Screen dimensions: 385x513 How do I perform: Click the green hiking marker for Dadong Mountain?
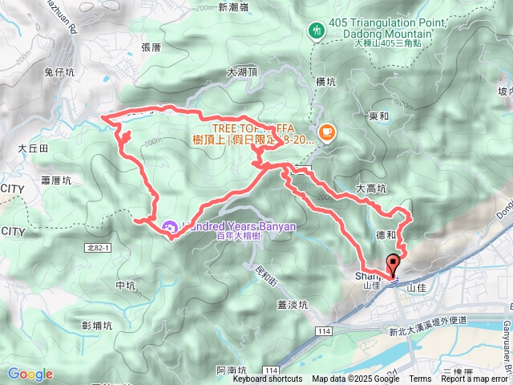pos(315,30)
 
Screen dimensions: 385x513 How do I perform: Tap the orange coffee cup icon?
pos(326,132)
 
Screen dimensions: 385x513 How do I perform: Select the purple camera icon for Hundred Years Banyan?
pos(171,227)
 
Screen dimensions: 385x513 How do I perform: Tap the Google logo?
pos(30,374)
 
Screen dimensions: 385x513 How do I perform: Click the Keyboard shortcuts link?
pos(268,379)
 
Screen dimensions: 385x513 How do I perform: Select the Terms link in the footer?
pos(420,379)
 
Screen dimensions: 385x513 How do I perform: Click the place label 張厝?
pos(151,47)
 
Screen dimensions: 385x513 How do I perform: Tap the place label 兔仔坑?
pos(59,72)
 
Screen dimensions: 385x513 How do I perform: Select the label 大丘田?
pos(33,148)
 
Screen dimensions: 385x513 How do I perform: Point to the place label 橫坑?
pos(325,81)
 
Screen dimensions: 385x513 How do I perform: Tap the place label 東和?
pos(379,115)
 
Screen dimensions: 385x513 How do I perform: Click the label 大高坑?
pos(371,188)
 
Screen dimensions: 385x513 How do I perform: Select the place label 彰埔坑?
pos(97,325)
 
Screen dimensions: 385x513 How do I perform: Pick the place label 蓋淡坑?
pos(293,304)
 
